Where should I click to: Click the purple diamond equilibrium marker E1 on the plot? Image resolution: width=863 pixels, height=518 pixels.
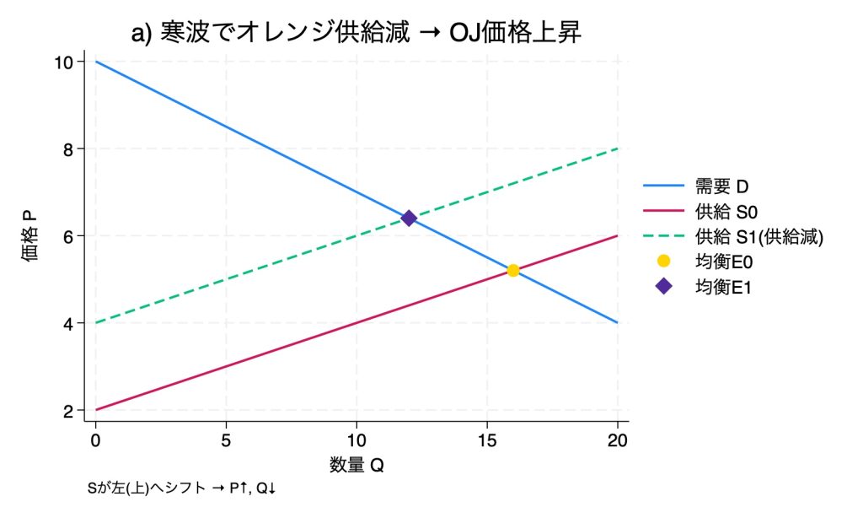(409, 219)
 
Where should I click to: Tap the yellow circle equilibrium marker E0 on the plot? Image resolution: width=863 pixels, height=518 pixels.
(512, 271)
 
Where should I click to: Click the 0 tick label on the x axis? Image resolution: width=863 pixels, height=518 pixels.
(96, 440)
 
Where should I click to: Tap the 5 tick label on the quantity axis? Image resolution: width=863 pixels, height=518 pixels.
(226, 440)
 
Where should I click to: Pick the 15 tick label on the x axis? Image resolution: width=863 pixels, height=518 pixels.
(487, 440)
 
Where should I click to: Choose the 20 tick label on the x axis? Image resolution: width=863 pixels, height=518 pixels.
(618, 440)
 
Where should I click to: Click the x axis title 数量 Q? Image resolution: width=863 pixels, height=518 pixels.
(356, 464)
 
